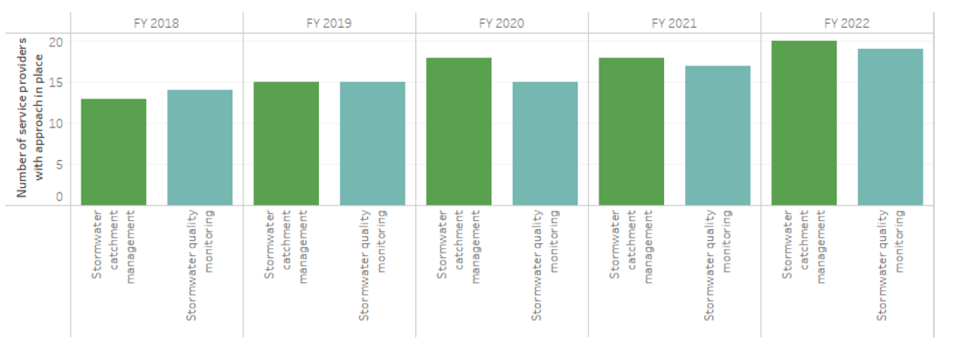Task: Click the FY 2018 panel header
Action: (x=156, y=24)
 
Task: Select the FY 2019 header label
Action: (x=329, y=24)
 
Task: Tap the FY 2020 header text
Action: (x=502, y=24)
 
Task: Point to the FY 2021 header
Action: (x=675, y=24)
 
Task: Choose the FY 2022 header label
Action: (x=847, y=24)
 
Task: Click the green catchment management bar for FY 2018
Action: (x=114, y=152)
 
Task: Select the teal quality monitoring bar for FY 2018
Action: (x=200, y=148)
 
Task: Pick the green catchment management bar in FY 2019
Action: (x=286, y=144)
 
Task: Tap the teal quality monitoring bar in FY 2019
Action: (x=372, y=144)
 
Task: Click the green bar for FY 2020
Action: (x=459, y=132)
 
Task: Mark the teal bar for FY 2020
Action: (x=544, y=144)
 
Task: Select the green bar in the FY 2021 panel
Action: (x=632, y=132)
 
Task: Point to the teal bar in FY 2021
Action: (x=717, y=135)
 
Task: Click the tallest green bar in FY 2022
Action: (x=804, y=123)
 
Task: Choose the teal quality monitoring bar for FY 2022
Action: (x=890, y=128)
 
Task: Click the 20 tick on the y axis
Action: (x=55, y=42)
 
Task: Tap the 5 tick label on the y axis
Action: (x=59, y=164)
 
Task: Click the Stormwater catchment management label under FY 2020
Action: (x=459, y=246)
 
